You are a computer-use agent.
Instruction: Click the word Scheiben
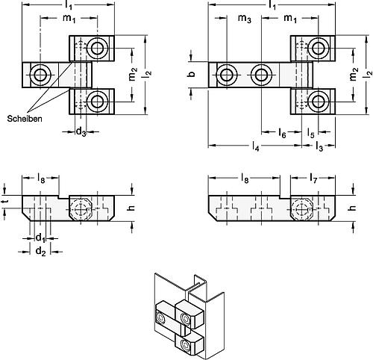tap(25, 119)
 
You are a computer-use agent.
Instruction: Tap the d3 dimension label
tap(81, 131)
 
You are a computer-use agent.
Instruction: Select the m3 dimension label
tap(245, 19)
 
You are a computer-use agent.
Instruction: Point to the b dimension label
tap(192, 74)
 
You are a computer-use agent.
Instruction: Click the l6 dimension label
tap(282, 133)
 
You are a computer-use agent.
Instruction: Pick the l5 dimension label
tap(310, 133)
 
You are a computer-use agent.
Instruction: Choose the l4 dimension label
tap(256, 146)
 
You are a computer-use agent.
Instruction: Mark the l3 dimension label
tap(319, 146)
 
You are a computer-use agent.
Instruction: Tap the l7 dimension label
tap(313, 179)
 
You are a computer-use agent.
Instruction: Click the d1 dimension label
tap(40, 238)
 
